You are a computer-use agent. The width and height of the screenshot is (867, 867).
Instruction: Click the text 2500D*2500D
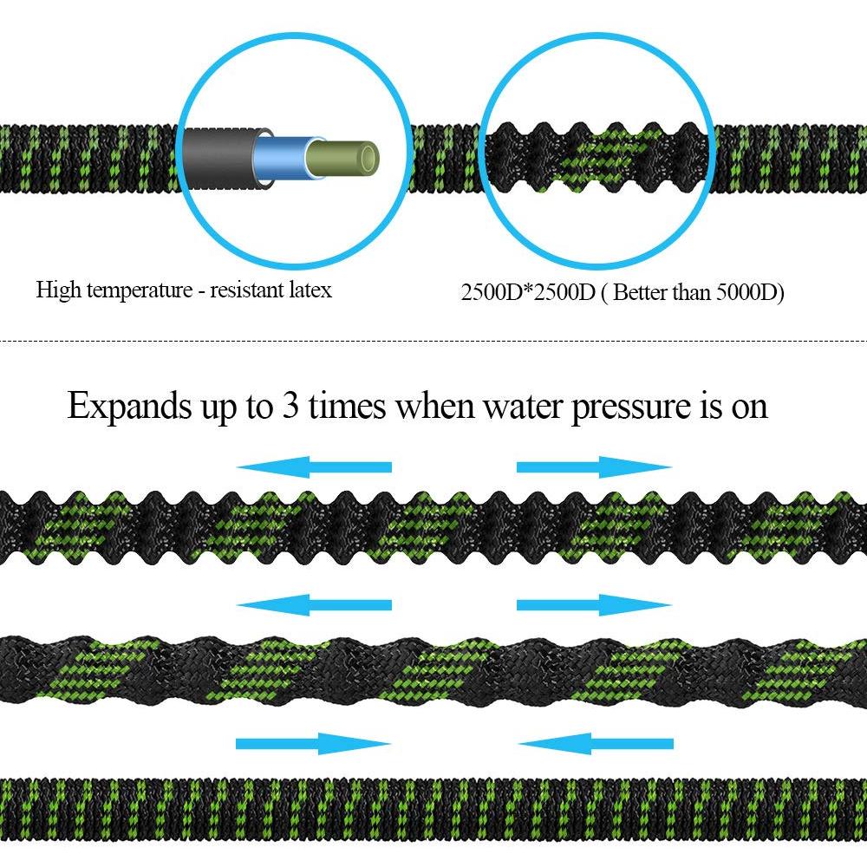pyautogui.click(x=527, y=292)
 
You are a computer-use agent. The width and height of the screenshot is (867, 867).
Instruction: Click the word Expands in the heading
pyautogui.click(x=128, y=407)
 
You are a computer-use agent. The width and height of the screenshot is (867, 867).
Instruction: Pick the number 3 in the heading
pyautogui.click(x=290, y=405)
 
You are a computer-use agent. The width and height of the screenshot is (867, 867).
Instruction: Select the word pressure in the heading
pyautogui.click(x=631, y=408)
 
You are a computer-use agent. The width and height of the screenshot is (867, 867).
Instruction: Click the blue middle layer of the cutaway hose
pyautogui.click(x=281, y=158)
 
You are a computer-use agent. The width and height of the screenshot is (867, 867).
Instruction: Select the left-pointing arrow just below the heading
pyautogui.click(x=314, y=467)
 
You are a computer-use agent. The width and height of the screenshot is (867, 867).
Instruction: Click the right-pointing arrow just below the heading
pyautogui.click(x=595, y=467)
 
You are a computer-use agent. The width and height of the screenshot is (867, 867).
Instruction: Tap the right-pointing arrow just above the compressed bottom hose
pyautogui.click(x=314, y=744)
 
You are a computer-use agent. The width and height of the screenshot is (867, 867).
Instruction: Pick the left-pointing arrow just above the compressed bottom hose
pyautogui.click(x=596, y=744)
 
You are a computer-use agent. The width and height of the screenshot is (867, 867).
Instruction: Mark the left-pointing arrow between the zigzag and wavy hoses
pyautogui.click(x=314, y=605)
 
